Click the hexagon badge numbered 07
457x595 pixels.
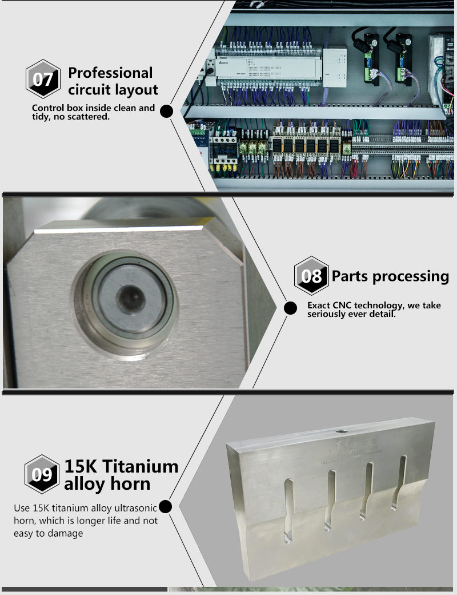(x=43, y=79)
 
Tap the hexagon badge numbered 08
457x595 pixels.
(x=311, y=276)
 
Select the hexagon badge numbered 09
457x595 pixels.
(x=42, y=474)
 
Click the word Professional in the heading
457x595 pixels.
(x=110, y=73)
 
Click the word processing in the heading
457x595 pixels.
(x=410, y=277)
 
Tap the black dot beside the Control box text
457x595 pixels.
(x=166, y=111)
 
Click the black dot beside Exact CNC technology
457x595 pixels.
(x=290, y=308)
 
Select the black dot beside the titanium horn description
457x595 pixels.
(x=165, y=506)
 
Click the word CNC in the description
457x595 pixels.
(x=342, y=306)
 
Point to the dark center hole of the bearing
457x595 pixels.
(x=131, y=297)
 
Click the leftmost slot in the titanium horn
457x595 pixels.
(x=288, y=510)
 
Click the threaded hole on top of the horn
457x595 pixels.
(x=342, y=431)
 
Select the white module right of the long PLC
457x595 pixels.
(x=335, y=67)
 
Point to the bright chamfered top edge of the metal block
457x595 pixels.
(x=118, y=229)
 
